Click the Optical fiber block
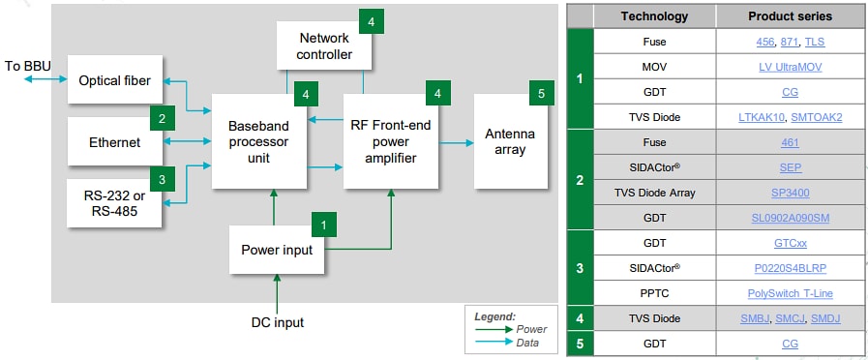115,80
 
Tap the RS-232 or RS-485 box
115,204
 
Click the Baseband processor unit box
258,141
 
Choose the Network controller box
325,45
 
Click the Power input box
277,249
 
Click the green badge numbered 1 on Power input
323,224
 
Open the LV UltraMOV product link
790,67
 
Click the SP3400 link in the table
790,193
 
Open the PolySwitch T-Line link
790,293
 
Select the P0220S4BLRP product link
790,268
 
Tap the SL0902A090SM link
790,218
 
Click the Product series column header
790,16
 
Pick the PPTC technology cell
654,293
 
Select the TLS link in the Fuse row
815,43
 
